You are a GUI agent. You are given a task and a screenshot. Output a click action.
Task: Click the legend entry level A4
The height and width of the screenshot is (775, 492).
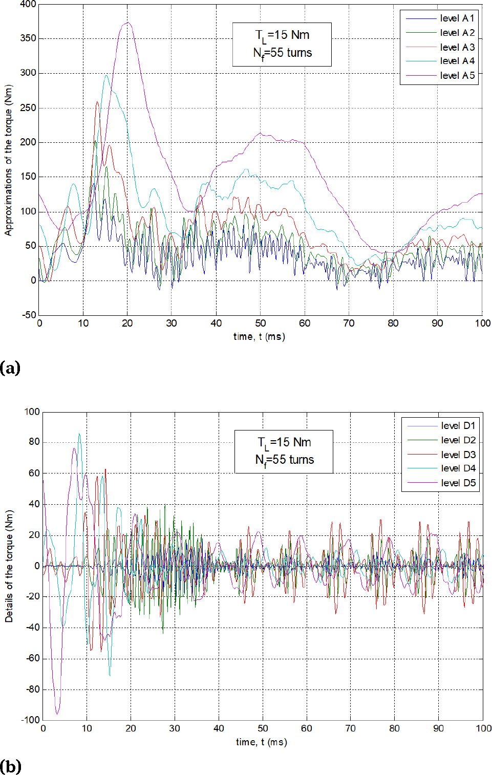click(457, 61)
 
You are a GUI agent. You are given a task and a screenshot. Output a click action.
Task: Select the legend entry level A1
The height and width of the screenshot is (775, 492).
click(457, 18)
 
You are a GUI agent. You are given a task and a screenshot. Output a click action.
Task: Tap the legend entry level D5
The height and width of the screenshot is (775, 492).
click(458, 483)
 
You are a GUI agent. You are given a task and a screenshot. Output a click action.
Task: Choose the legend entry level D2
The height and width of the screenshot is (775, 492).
click(458, 440)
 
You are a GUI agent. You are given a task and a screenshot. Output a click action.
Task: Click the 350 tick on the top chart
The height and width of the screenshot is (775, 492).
click(28, 38)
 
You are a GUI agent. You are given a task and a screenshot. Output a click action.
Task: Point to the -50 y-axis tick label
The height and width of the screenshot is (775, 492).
click(28, 315)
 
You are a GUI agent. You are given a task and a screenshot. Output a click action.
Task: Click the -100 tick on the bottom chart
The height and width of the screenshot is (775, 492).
click(30, 720)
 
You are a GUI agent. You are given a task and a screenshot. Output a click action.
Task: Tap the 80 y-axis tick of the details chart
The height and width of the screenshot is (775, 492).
click(34, 442)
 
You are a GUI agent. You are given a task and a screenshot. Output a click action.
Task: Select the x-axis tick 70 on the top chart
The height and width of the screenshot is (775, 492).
click(349, 323)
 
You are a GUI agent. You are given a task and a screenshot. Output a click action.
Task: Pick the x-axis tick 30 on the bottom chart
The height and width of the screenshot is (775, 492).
click(175, 728)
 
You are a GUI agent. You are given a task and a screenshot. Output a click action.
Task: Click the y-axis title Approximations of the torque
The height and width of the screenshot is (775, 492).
click(8, 160)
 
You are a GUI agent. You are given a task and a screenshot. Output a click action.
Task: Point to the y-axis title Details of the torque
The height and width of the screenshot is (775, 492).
click(9, 566)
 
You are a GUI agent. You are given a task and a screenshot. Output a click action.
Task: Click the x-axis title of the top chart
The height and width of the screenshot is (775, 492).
click(259, 337)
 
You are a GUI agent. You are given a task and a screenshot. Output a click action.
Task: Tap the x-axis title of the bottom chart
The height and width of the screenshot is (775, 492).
click(261, 742)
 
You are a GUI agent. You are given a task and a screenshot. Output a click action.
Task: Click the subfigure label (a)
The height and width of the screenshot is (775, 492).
click(10, 368)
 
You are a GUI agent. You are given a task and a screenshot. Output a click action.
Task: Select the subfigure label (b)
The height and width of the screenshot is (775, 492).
click(11, 766)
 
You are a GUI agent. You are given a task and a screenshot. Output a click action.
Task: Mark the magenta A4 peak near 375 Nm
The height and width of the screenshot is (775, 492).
click(127, 23)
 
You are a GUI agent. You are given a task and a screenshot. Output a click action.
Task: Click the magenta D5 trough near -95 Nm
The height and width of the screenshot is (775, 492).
click(57, 713)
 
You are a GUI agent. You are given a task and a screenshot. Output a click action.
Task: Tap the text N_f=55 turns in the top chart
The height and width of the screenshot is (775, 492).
click(282, 53)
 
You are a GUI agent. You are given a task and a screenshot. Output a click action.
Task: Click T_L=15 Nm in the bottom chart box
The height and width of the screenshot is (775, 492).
click(284, 443)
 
